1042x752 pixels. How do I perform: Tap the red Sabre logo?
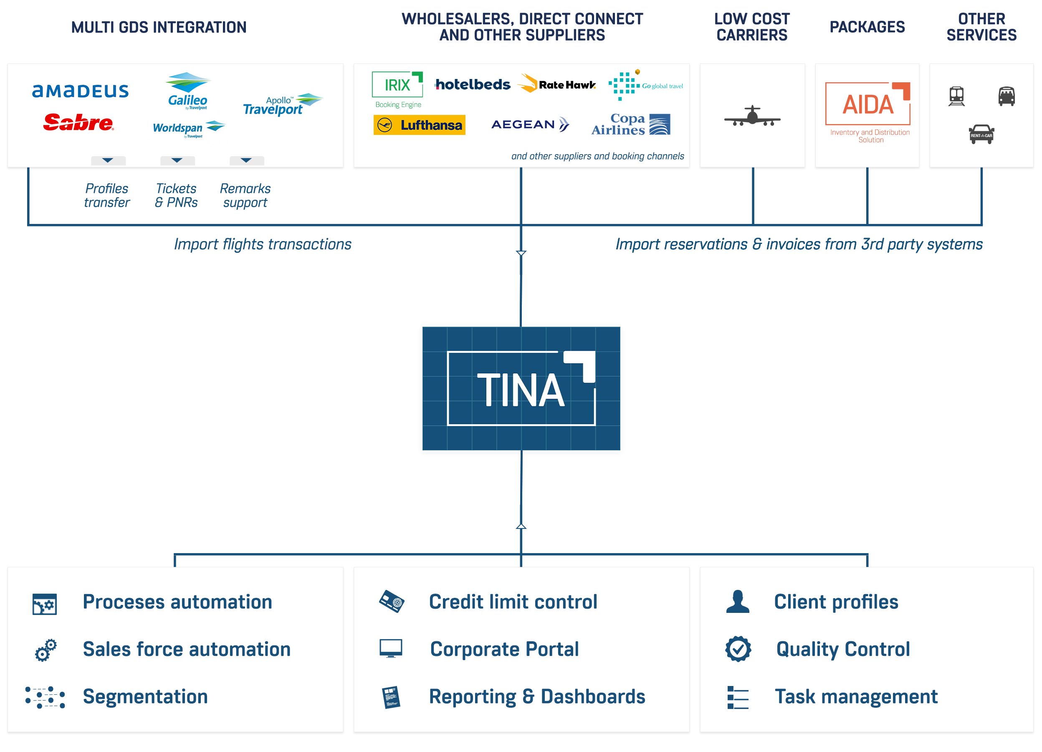pyautogui.click(x=78, y=123)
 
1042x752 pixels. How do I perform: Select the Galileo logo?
pyautogui.click(x=187, y=91)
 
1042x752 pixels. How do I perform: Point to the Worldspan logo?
pyautogui.click(x=188, y=128)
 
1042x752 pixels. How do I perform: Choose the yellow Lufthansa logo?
pyautogui.click(x=419, y=125)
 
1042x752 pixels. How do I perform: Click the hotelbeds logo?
pyautogui.click(x=472, y=84)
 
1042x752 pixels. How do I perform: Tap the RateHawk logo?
pyautogui.click(x=557, y=84)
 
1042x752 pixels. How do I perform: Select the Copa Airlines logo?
pyautogui.click(x=630, y=124)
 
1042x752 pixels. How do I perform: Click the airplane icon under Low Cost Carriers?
pyautogui.click(x=752, y=116)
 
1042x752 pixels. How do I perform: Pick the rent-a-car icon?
pyautogui.click(x=981, y=134)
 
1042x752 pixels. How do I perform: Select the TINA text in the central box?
pyautogui.click(x=521, y=391)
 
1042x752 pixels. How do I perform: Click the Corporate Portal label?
pyautogui.click(x=504, y=649)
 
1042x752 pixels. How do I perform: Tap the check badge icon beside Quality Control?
pyautogui.click(x=738, y=649)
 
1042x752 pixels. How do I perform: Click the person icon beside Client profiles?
pyautogui.click(x=737, y=602)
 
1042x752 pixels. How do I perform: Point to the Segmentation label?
pyautogui.click(x=145, y=696)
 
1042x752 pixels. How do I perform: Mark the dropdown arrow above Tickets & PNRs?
pyautogui.click(x=177, y=160)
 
